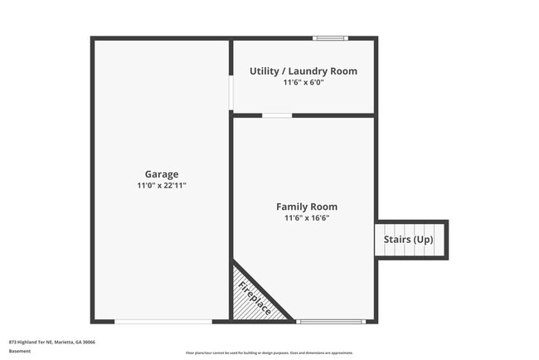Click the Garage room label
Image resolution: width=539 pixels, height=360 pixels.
click(x=162, y=174)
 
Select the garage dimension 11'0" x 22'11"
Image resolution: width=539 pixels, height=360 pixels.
click(x=162, y=186)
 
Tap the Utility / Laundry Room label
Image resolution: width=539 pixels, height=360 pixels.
click(x=303, y=71)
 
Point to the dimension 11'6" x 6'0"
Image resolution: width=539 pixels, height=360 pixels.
click(x=303, y=83)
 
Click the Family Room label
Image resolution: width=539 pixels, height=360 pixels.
click(x=307, y=207)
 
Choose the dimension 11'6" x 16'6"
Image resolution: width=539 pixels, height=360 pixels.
click(x=307, y=218)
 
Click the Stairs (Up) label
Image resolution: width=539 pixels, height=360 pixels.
click(x=408, y=240)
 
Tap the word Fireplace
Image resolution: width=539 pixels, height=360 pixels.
click(x=255, y=298)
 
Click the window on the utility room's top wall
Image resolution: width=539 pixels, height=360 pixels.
click(x=330, y=37)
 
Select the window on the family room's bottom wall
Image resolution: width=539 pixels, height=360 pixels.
click(x=330, y=322)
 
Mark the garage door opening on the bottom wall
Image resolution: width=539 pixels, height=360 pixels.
click(x=163, y=322)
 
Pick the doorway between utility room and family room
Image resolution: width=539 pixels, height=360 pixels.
click(x=277, y=115)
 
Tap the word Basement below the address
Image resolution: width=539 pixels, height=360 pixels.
click(x=20, y=351)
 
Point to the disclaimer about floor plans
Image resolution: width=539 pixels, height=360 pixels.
click(x=269, y=353)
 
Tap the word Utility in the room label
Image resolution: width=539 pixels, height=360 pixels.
click(x=264, y=71)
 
